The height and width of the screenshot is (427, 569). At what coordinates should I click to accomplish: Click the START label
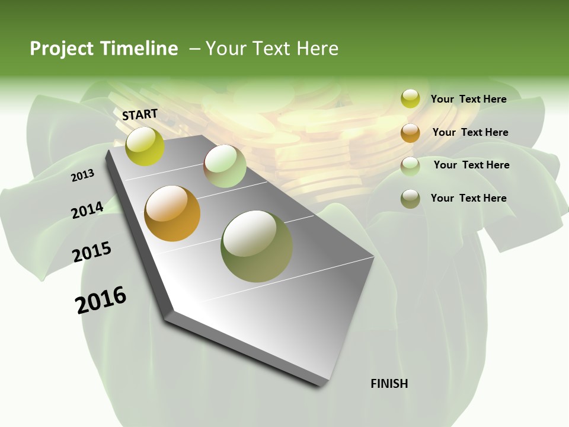[x=140, y=114]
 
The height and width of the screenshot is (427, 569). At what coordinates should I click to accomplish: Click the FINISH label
[x=389, y=384]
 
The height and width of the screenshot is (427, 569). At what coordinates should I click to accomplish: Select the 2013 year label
[x=83, y=176]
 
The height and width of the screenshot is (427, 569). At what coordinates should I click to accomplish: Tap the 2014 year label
[x=87, y=210]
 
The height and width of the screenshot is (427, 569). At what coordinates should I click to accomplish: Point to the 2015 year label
[x=92, y=252]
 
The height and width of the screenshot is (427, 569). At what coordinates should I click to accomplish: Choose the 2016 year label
[x=101, y=300]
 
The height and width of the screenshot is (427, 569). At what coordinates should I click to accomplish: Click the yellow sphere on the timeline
[x=145, y=146]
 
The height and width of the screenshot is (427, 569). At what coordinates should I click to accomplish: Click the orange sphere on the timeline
[x=172, y=213]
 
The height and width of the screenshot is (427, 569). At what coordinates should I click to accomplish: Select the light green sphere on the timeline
[x=225, y=166]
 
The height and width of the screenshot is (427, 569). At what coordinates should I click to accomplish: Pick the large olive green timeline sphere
[x=256, y=246]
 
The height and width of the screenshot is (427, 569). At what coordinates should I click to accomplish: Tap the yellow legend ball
[x=410, y=99]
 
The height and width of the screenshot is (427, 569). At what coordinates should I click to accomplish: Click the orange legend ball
[x=410, y=133]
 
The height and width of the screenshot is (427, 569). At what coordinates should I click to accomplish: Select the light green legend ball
[x=410, y=166]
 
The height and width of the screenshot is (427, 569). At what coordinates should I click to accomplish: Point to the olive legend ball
[x=410, y=199]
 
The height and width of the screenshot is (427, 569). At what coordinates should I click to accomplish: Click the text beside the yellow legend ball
[x=468, y=99]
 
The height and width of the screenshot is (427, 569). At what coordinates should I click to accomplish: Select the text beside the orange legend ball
[x=470, y=132]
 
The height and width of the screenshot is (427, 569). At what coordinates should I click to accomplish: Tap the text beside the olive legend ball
[x=468, y=198]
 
